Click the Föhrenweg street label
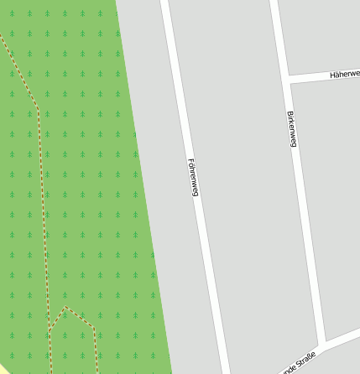click(x=192, y=177)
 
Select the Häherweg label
click(x=345, y=74)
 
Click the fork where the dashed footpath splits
click(x=50, y=330)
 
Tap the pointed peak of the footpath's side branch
click(x=66, y=308)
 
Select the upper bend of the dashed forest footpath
click(x=38, y=108)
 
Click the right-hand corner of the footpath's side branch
click(x=93, y=328)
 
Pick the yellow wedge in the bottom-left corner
click(x=4, y=370)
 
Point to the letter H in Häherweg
click(x=333, y=75)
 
